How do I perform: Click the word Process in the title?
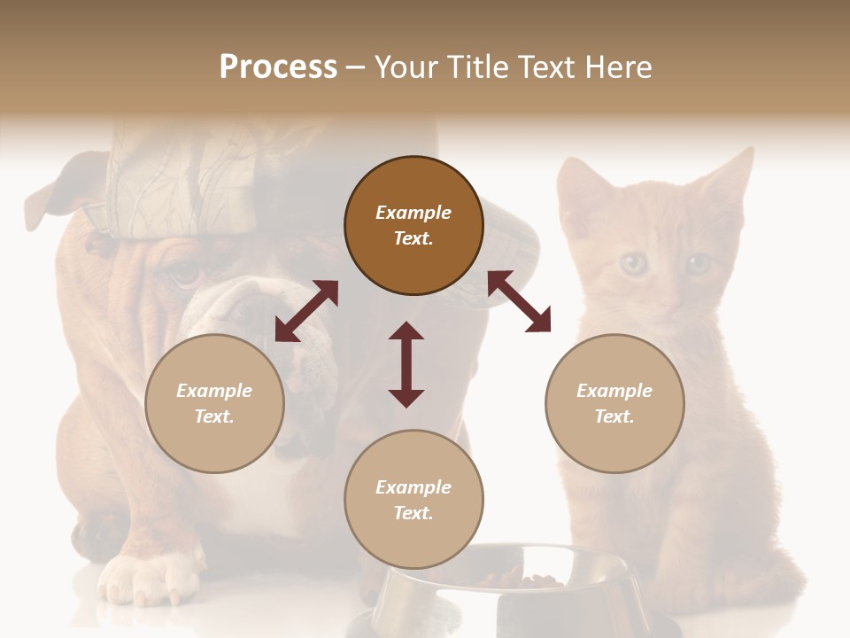click(x=278, y=67)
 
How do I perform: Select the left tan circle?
click(x=214, y=403)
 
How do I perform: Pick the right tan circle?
click(x=614, y=403)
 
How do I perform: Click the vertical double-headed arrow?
click(x=406, y=364)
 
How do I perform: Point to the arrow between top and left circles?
click(x=306, y=311)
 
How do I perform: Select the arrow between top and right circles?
click(x=520, y=301)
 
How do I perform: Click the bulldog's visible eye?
click(x=185, y=274)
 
